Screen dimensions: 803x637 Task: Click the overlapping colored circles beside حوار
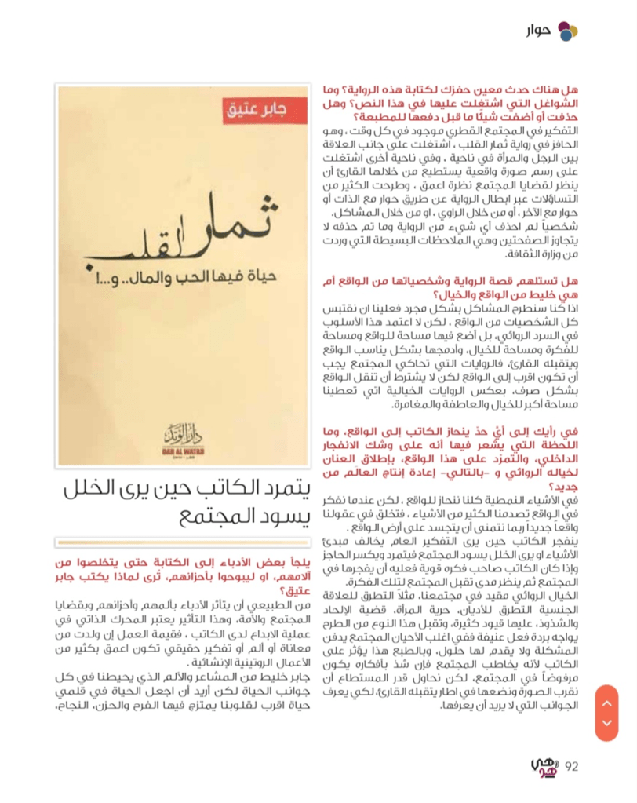(567, 31)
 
